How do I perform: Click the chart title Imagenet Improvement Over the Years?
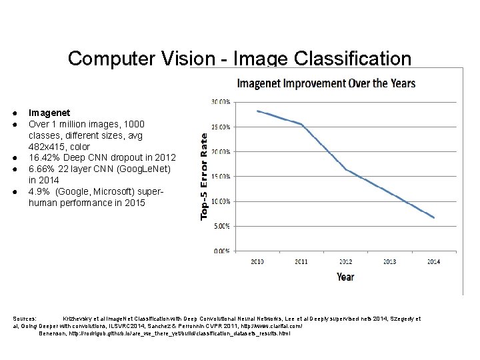coord(327,84)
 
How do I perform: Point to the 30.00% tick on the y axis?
coord(221,101)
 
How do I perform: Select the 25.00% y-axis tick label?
coord(221,126)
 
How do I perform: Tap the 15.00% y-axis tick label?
coord(221,176)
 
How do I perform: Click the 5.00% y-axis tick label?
coord(222,226)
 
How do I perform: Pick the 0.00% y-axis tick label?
coord(222,251)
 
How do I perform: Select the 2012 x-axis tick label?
coord(345,261)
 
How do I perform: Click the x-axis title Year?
coord(345,275)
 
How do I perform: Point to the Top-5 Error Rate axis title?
coord(205,175)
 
